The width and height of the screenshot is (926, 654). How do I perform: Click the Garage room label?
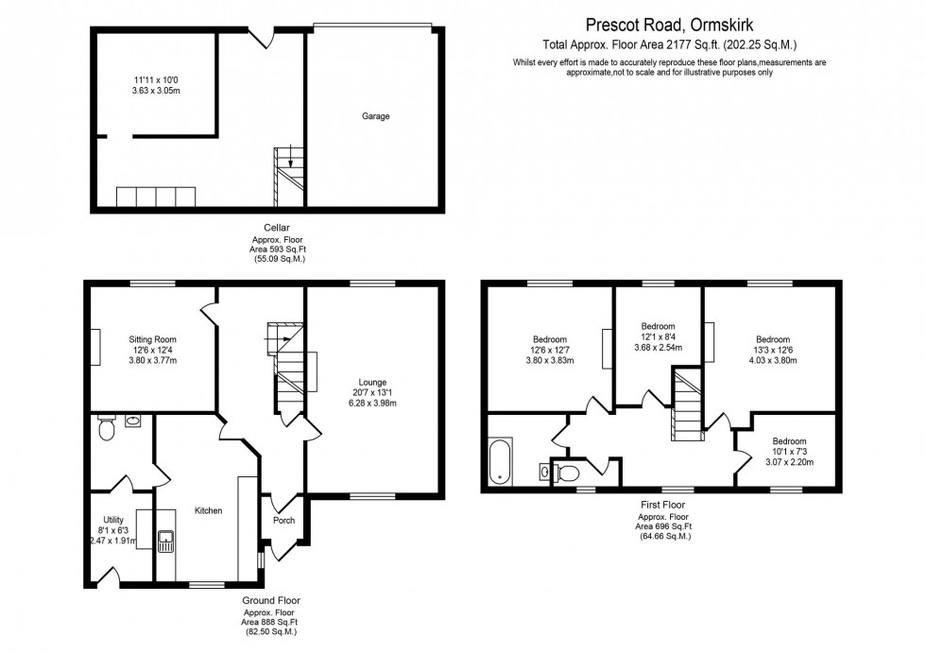coord(375,117)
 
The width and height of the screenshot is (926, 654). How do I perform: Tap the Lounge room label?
coord(372,382)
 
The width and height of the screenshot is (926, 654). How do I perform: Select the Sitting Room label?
coord(152,339)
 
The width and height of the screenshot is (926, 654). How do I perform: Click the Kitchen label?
coord(208,510)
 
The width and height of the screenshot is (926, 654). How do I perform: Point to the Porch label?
coord(283,520)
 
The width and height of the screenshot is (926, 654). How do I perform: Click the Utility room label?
coord(112,520)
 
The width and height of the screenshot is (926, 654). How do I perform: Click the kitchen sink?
coord(166,541)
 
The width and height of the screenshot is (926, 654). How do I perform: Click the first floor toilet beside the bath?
coord(567,473)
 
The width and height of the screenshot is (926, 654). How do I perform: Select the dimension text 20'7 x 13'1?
coord(372,392)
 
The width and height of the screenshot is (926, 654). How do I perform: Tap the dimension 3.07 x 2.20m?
coord(789,462)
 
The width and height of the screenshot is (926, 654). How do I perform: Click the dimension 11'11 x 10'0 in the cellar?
coord(152,80)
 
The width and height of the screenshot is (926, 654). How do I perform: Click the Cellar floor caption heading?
coord(277,227)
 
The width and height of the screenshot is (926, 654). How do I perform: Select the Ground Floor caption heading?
coord(275,600)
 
